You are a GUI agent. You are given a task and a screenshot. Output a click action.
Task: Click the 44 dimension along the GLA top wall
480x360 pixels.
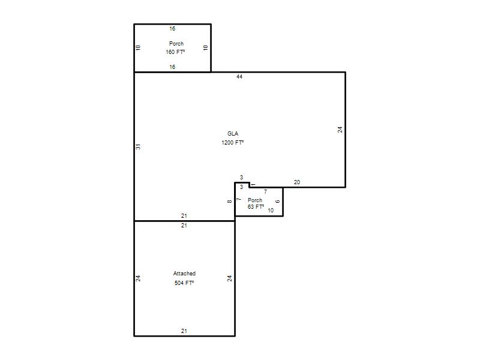tap(239, 77)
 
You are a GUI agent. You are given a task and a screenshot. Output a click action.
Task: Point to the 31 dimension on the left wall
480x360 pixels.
tap(138, 146)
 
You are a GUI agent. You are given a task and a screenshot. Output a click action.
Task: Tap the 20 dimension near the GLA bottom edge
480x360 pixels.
tap(297, 182)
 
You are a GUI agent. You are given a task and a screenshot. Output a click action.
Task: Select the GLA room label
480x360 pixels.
tap(233, 133)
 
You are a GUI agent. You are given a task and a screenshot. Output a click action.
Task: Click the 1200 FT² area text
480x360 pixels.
tap(233, 142)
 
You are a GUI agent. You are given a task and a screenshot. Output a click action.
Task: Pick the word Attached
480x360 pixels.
tap(184, 274)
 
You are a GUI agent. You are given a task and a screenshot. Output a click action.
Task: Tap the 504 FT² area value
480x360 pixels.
tap(184, 283)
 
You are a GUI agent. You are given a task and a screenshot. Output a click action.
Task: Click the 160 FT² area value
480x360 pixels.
tap(175, 52)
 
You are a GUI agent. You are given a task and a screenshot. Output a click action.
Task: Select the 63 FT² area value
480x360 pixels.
tap(256, 207)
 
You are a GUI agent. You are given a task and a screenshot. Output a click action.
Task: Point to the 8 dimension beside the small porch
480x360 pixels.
tap(230, 201)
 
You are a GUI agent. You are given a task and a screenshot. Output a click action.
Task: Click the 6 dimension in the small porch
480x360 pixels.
tap(278, 202)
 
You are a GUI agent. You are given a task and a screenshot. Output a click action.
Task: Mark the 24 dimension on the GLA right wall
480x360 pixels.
tap(340, 130)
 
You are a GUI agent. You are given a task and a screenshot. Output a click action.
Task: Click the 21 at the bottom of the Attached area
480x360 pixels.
tap(184, 331)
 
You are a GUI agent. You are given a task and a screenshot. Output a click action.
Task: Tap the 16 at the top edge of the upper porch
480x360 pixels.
tap(172, 28)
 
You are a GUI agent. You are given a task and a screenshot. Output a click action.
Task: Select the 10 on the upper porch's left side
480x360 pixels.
tap(138, 48)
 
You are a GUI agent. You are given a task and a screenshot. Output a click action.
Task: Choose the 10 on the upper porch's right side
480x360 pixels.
tap(205, 48)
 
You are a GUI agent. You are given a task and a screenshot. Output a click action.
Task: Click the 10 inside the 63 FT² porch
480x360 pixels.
tap(271, 211)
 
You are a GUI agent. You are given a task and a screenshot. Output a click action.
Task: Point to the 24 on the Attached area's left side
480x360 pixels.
tap(138, 278)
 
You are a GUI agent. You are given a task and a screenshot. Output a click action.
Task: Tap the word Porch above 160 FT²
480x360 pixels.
tap(176, 43)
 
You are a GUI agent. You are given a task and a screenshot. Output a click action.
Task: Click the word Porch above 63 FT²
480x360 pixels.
tap(255, 200)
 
